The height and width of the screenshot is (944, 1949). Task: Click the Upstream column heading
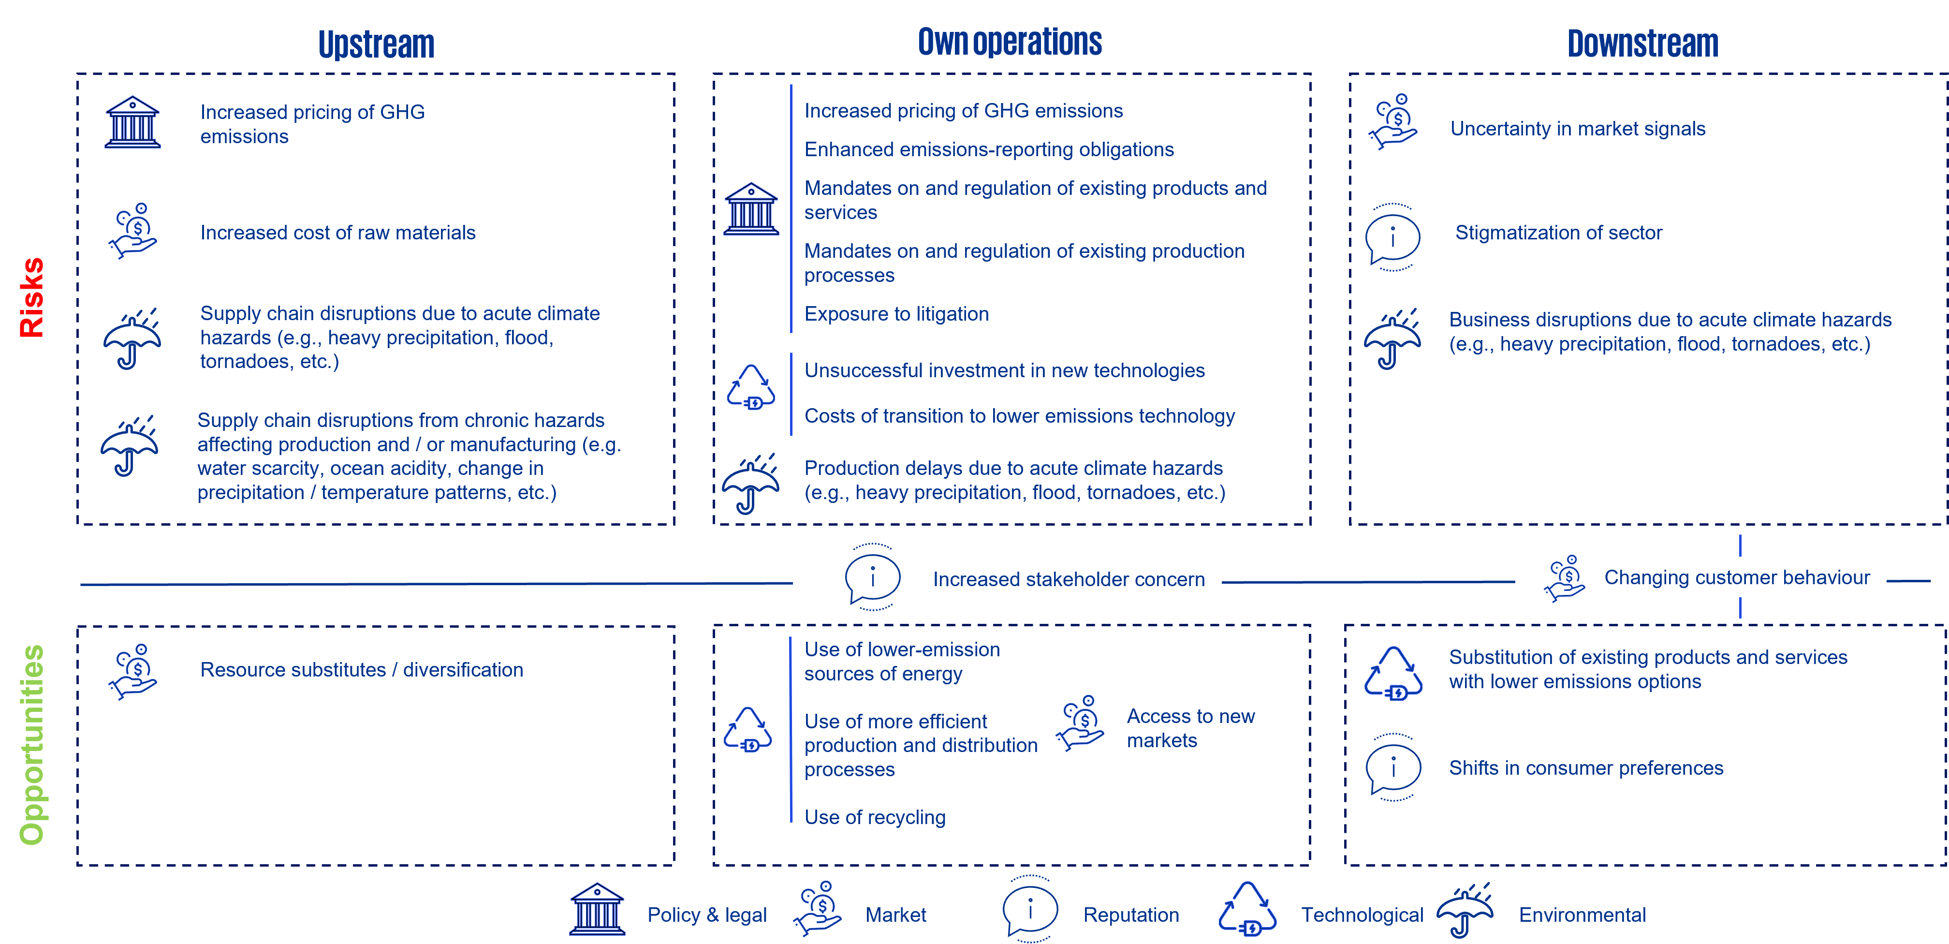(x=376, y=44)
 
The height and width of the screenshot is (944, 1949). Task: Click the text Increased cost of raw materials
(x=337, y=233)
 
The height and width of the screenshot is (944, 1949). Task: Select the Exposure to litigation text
(x=896, y=314)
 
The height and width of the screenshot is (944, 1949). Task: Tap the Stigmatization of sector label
(x=1559, y=233)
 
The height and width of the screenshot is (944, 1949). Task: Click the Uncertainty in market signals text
(x=1578, y=129)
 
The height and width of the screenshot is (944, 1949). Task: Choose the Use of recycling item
(x=875, y=818)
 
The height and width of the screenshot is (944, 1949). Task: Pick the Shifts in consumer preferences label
(x=1586, y=768)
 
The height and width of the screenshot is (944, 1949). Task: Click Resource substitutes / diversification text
(x=362, y=670)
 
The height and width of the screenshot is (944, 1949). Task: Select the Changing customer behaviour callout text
(x=1736, y=577)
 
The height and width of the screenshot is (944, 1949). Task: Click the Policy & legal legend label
(x=707, y=915)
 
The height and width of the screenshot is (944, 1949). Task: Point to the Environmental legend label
(x=1582, y=915)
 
